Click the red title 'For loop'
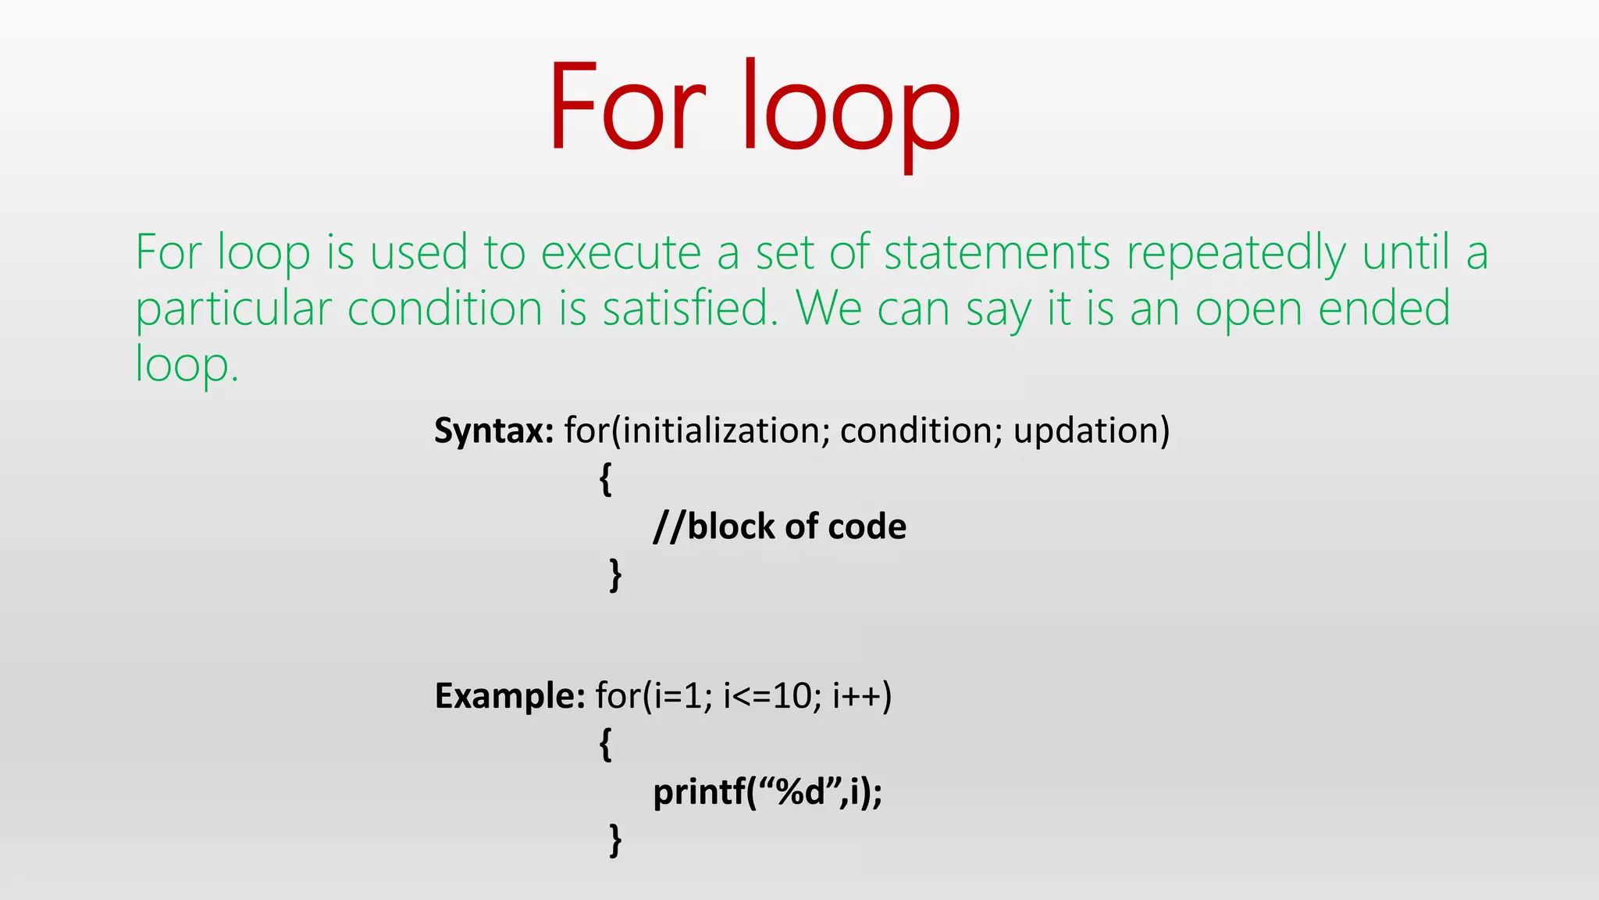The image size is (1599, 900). pos(753,109)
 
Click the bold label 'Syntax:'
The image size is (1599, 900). pos(493,431)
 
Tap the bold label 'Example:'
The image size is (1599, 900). pos(509,696)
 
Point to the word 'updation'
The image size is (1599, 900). pos(1085,431)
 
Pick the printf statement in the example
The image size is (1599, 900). pos(767,793)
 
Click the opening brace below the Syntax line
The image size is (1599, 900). pos(605,479)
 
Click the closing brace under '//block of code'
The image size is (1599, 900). pos(615,575)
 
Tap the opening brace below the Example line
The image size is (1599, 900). pos(605,744)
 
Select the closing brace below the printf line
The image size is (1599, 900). pos(615,841)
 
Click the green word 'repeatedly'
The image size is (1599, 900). pos(1235,255)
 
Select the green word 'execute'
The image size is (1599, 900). pos(621,255)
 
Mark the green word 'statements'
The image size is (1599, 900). pos(996,255)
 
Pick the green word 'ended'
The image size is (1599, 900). pos(1384,309)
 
